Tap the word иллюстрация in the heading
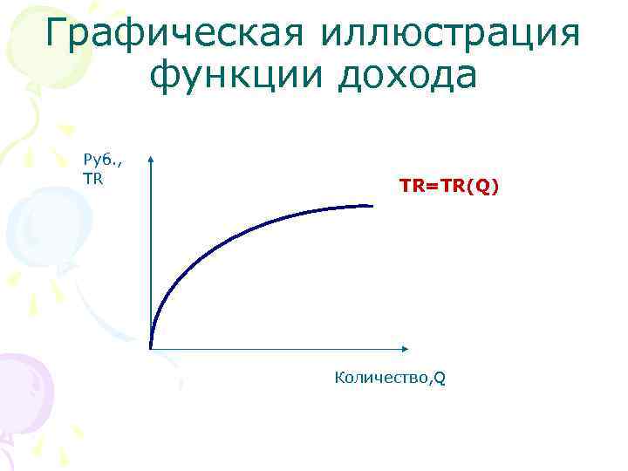click(x=450, y=35)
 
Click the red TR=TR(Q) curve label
click(x=450, y=186)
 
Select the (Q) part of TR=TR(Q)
click(x=485, y=186)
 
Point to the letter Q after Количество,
click(x=440, y=379)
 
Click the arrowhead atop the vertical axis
click(x=151, y=160)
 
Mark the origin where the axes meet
click(x=151, y=349)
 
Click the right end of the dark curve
click(x=372, y=206)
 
